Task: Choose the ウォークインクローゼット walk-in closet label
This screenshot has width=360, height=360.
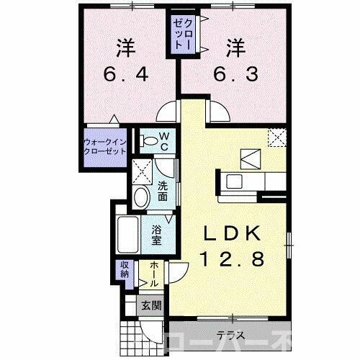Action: (105, 147)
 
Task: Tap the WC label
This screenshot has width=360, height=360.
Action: (164, 140)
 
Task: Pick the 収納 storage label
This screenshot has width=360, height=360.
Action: (124, 269)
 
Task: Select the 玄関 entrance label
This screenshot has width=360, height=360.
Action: (151, 305)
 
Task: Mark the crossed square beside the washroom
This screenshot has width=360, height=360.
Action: (142, 171)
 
